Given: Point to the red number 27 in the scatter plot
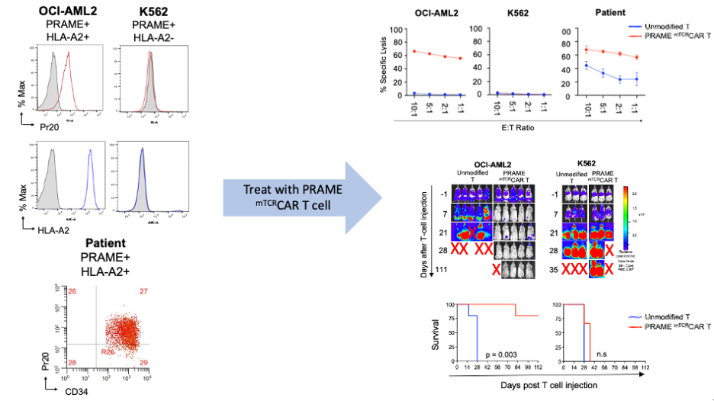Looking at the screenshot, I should click(143, 292).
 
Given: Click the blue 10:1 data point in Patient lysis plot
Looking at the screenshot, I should click(586, 66).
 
